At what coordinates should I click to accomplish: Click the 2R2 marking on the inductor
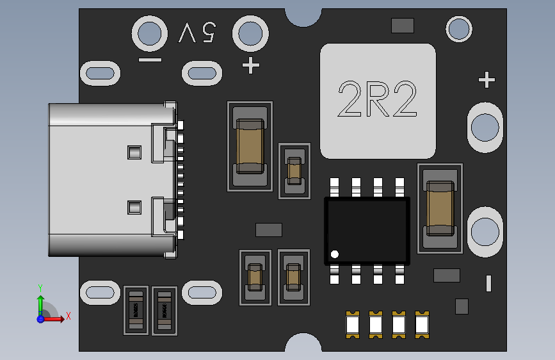pyautogui.click(x=378, y=100)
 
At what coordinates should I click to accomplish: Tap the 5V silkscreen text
pyautogui.click(x=197, y=32)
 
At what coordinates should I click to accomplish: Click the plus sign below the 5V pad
pyautogui.click(x=250, y=65)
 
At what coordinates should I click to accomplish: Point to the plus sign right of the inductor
pyautogui.click(x=487, y=80)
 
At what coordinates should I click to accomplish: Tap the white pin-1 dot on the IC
pyautogui.click(x=334, y=254)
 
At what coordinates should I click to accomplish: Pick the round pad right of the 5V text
pyautogui.click(x=250, y=32)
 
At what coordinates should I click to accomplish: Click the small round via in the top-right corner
pyautogui.click(x=459, y=29)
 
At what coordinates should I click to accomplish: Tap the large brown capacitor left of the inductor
pyautogui.click(x=250, y=146)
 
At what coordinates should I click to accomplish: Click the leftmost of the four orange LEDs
pyautogui.click(x=352, y=324)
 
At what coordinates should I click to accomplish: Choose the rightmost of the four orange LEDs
pyautogui.click(x=421, y=324)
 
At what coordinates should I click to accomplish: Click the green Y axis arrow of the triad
pyautogui.click(x=40, y=301)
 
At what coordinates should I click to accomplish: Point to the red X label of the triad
pyautogui.click(x=68, y=316)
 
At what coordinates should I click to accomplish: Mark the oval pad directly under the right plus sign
pyautogui.click(x=485, y=129)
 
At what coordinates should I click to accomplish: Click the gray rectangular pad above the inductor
pyautogui.click(x=402, y=26)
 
